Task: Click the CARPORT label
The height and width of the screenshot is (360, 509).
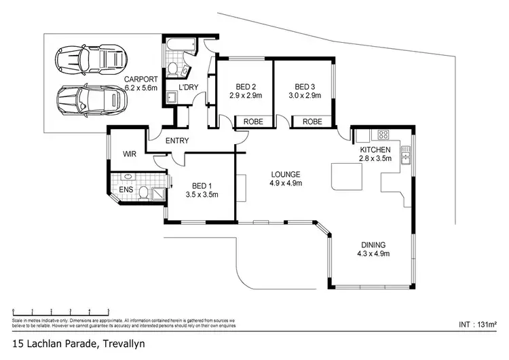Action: tap(140, 77)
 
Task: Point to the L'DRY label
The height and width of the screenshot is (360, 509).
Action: tap(187, 87)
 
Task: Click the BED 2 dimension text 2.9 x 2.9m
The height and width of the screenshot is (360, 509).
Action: tap(245, 96)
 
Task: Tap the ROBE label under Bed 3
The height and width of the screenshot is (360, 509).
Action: tap(312, 122)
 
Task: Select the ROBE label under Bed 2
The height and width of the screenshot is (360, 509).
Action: tap(254, 122)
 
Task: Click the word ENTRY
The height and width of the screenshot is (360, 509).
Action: tap(176, 141)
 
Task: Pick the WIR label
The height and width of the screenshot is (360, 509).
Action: tap(130, 154)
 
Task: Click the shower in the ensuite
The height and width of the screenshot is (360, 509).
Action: tap(157, 193)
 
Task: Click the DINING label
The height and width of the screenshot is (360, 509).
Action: tap(373, 245)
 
